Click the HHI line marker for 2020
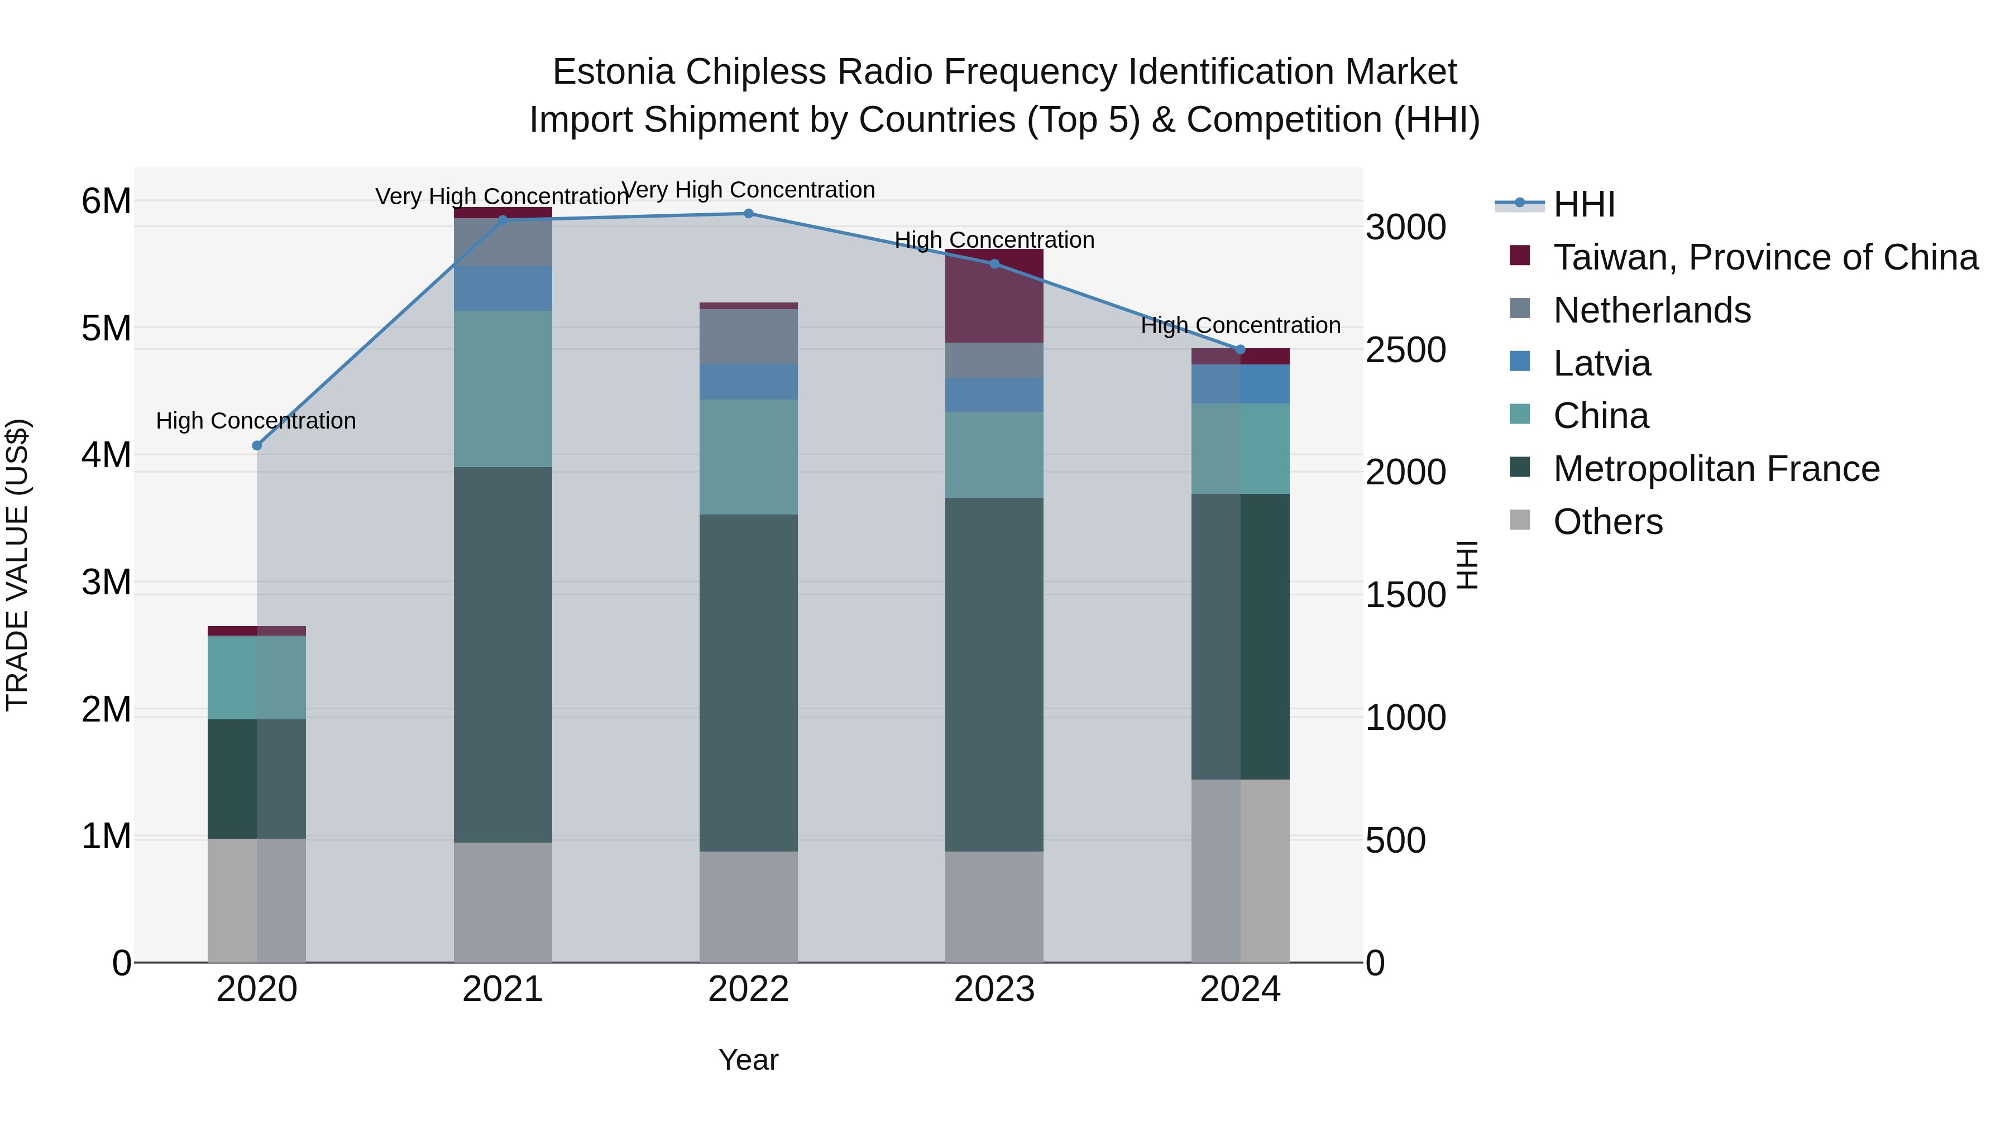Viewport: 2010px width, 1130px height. coord(257,445)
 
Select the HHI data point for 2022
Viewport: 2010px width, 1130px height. coord(748,214)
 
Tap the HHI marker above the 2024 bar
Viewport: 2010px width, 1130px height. coord(1240,349)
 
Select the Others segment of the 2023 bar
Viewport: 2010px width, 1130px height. coord(994,906)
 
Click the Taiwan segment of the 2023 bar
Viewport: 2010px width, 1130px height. coord(994,296)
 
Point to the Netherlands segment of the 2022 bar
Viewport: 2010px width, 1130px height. coord(748,336)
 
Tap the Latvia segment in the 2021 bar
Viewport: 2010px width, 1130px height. coord(502,288)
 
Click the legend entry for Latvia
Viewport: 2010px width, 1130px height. coord(1601,363)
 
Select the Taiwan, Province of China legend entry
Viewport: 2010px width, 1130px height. coord(1765,257)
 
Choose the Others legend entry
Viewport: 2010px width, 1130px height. coord(1607,522)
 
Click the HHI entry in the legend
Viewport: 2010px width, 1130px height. coord(1583,204)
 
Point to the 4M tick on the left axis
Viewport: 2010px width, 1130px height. coord(106,455)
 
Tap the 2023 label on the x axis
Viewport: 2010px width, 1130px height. coord(994,989)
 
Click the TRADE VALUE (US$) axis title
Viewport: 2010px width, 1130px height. coord(17,565)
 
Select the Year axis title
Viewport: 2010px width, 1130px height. coord(748,1060)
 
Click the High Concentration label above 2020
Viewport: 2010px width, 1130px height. coord(256,421)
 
